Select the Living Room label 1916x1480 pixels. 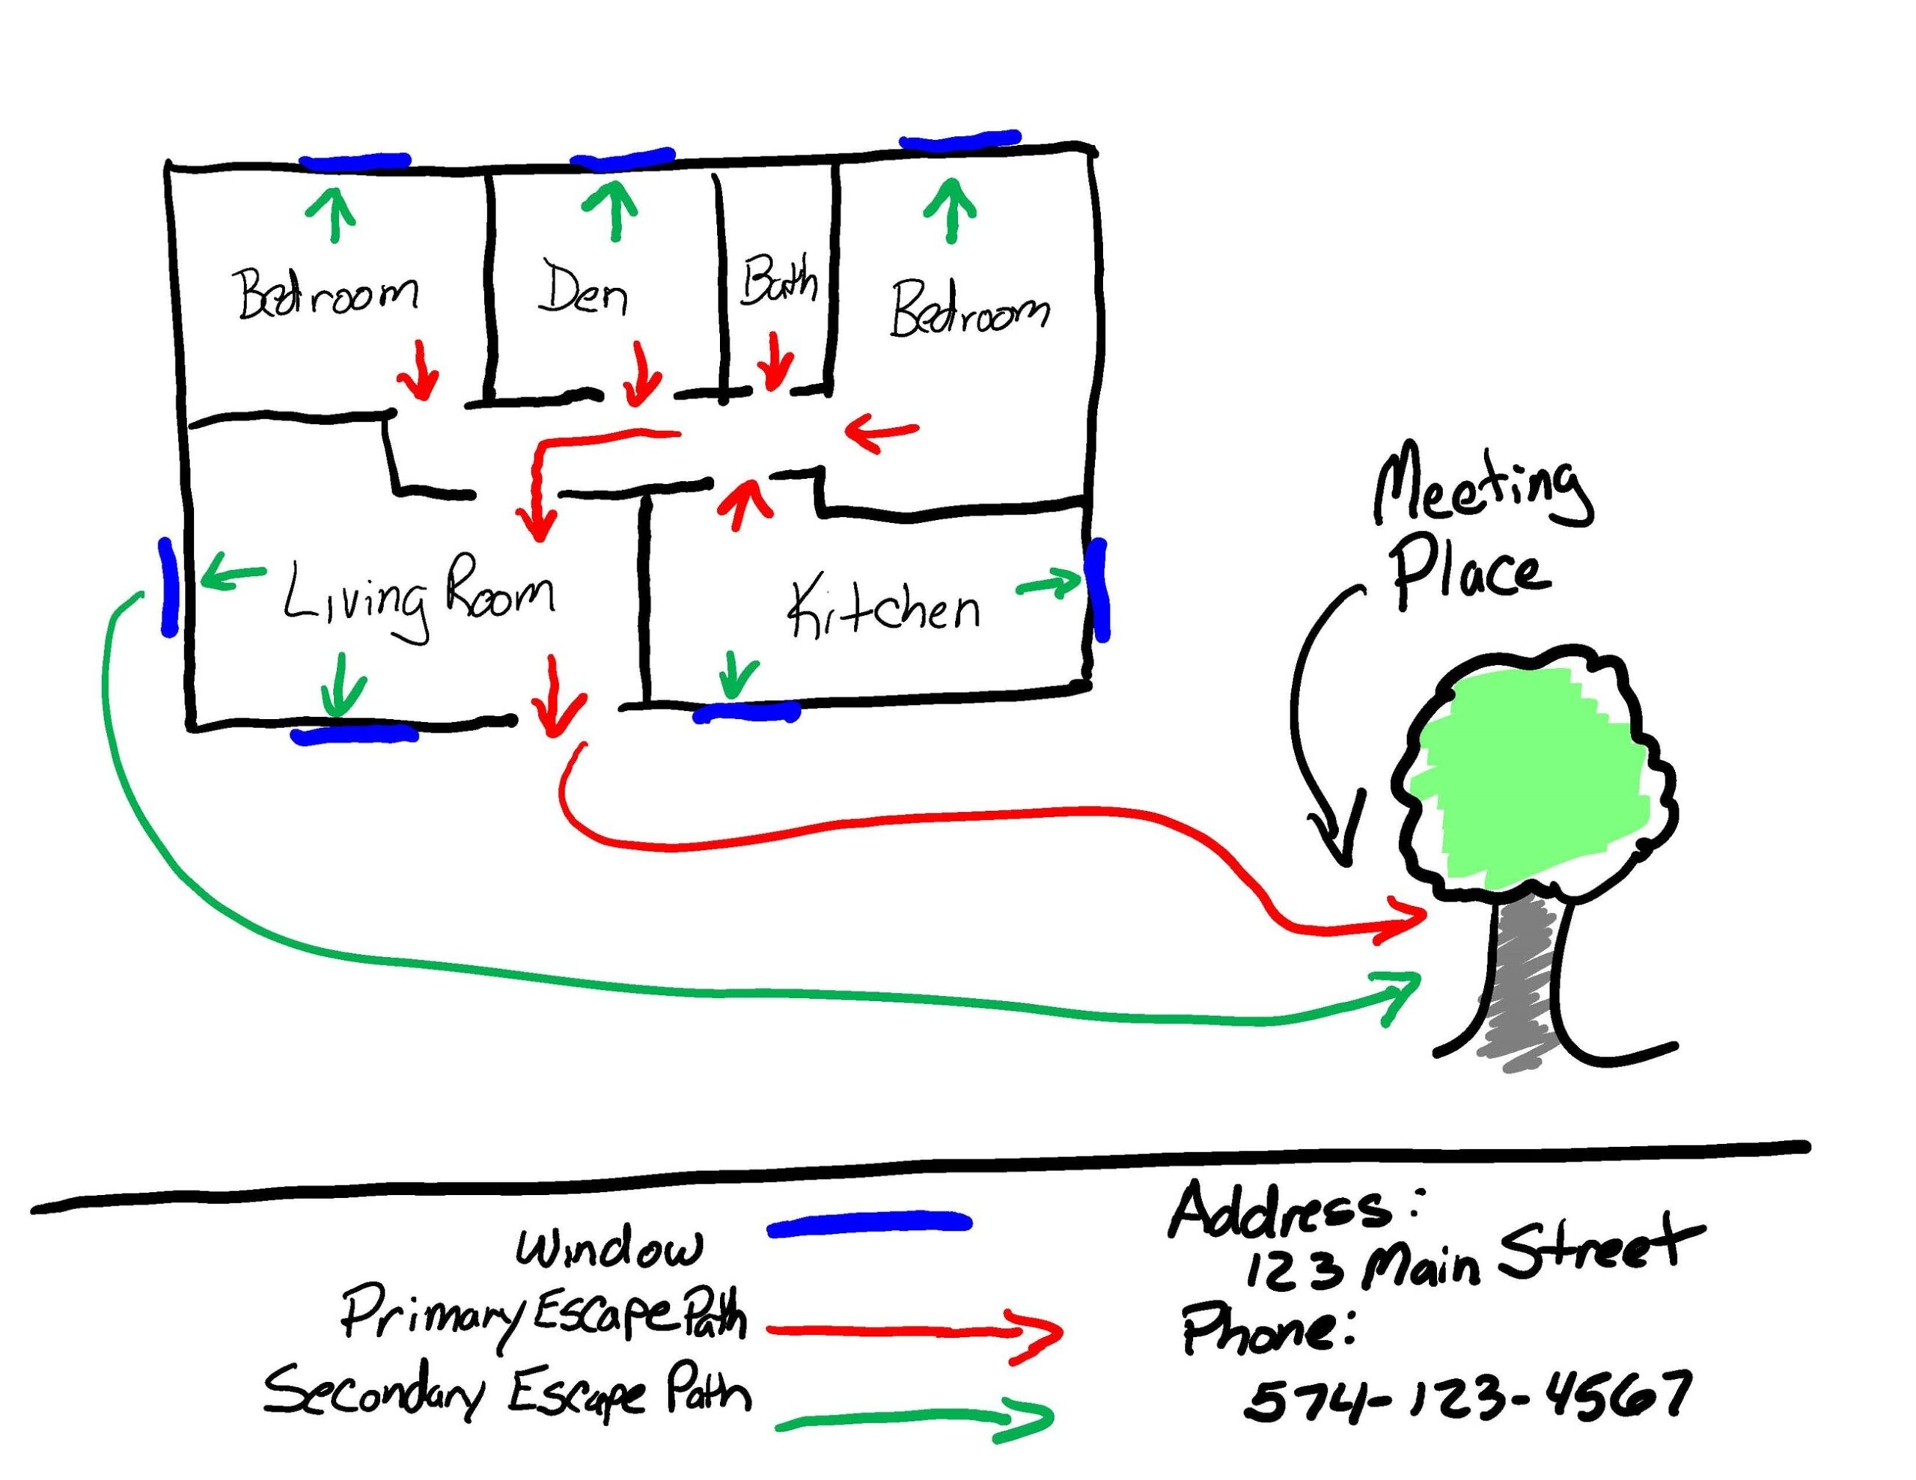tap(419, 596)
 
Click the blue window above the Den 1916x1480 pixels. tap(622, 159)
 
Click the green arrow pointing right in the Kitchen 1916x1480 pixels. tap(1049, 584)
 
